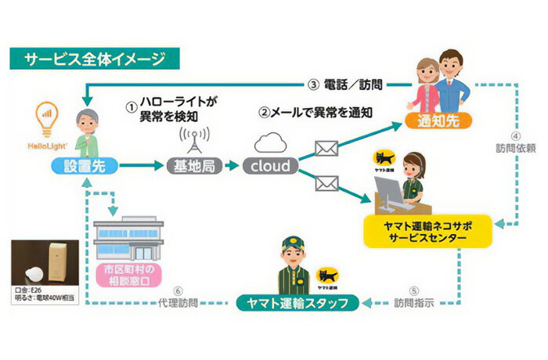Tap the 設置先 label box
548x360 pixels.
pos(88,165)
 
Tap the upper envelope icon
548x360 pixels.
pos(324,149)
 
